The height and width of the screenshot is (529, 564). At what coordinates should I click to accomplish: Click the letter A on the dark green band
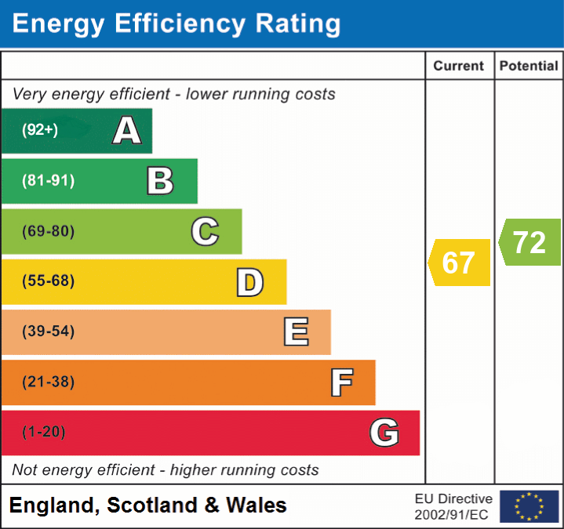click(127, 131)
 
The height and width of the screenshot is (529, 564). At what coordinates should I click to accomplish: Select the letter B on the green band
click(160, 181)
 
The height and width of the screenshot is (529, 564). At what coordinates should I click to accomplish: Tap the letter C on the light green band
click(205, 231)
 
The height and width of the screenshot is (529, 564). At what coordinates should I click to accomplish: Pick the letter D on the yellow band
click(249, 282)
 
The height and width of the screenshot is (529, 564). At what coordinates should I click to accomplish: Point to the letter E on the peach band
click(296, 332)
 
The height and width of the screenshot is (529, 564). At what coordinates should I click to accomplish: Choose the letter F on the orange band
click(341, 382)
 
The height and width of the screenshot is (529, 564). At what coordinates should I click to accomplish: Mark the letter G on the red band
click(384, 433)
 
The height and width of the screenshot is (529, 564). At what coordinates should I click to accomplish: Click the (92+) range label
click(40, 130)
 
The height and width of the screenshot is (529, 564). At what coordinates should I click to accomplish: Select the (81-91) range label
click(48, 181)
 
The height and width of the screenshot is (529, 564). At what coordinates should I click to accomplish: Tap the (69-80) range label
click(48, 231)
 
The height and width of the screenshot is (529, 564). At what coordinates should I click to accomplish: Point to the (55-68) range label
click(48, 281)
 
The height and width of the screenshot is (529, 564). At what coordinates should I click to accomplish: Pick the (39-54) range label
click(48, 332)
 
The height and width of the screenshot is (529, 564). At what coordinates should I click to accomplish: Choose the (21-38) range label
click(48, 382)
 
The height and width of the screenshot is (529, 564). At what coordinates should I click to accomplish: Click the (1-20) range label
click(43, 433)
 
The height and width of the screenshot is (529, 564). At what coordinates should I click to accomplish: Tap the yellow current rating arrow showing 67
click(460, 263)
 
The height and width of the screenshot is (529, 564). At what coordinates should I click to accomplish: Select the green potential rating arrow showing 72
click(530, 242)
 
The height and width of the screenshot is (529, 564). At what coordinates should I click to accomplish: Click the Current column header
click(460, 67)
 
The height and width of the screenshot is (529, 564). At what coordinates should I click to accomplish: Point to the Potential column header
click(529, 67)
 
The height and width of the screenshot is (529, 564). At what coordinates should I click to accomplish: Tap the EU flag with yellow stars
click(529, 506)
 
